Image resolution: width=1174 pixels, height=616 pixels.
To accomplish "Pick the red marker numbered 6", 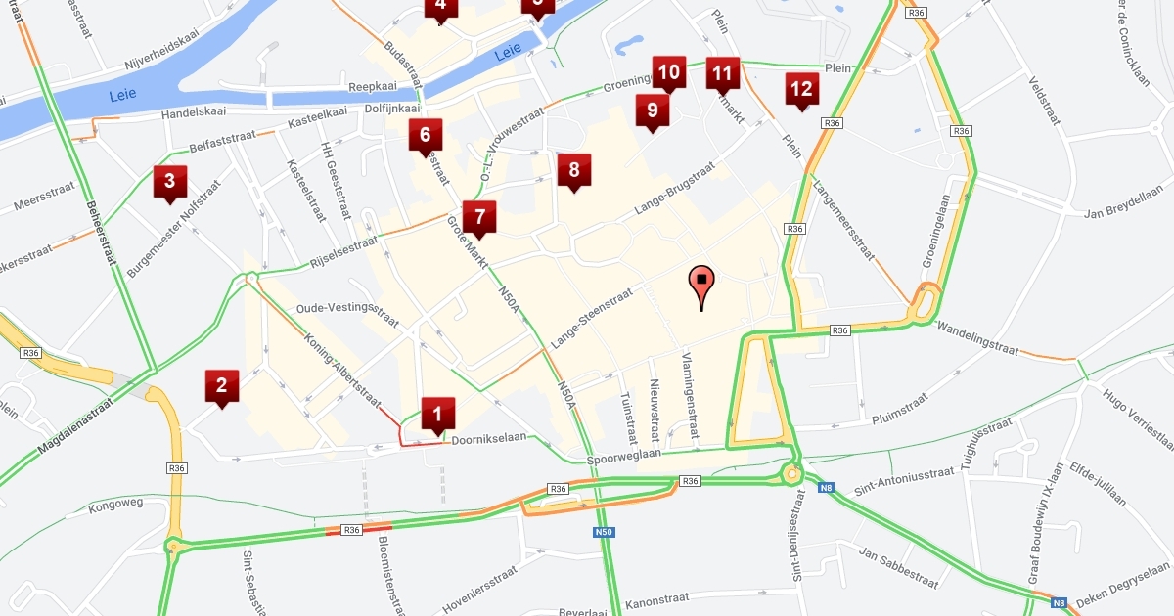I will point(425,136).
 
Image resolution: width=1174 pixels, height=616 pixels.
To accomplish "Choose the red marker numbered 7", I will point(479,218).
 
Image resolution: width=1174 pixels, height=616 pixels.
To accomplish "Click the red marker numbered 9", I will point(652,111).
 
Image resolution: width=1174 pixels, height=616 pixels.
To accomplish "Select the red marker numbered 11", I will point(723,74).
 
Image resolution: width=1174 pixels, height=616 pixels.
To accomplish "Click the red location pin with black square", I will point(701,284).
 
